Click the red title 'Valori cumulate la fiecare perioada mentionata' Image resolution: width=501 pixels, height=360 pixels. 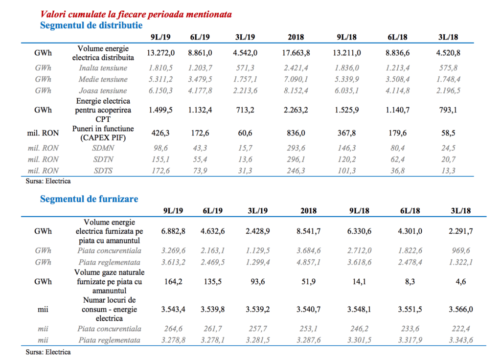point(136,14)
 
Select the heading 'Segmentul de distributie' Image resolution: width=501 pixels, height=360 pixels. point(91,25)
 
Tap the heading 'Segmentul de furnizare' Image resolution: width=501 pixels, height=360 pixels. point(89,199)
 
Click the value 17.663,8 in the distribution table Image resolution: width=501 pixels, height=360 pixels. point(296,53)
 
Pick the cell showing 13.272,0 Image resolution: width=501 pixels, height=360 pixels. point(160,53)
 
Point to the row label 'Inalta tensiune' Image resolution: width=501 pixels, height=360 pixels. point(103,67)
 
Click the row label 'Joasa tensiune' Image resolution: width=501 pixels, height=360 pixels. point(103,90)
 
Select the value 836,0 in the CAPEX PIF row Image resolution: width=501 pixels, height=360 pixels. point(296,133)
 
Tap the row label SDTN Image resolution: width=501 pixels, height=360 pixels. point(103,159)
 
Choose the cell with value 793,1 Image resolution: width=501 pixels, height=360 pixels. point(448,110)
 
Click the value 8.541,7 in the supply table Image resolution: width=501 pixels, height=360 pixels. point(308,231)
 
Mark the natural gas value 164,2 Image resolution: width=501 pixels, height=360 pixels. point(173,281)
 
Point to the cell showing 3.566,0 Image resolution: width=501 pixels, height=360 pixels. point(461,309)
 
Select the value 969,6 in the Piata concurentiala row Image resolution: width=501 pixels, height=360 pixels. point(461,250)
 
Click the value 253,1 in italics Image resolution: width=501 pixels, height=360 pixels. point(308,328)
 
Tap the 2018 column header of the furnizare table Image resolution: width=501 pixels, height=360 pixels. point(308,210)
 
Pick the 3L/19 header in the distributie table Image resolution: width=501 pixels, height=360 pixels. point(245,37)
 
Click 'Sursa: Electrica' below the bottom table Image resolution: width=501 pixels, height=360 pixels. point(48,352)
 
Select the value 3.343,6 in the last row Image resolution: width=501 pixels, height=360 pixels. point(461,340)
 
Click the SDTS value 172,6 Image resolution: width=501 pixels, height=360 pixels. point(160,171)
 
